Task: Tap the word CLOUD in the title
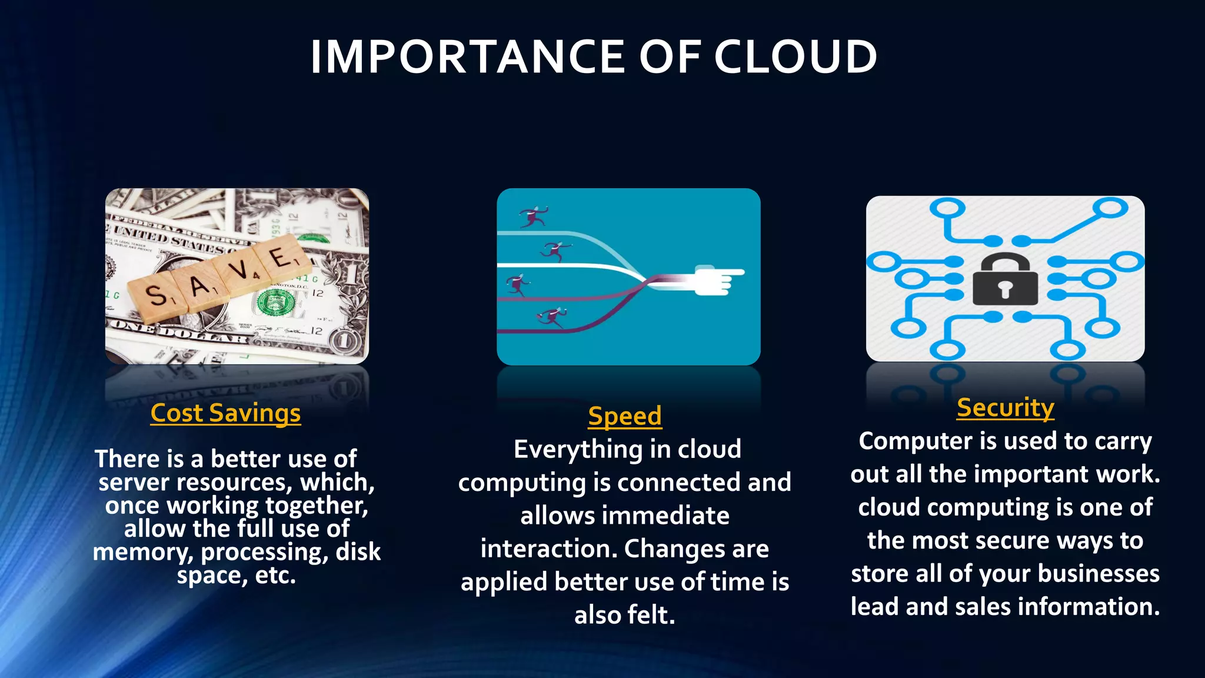[x=795, y=57]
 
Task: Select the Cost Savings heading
[x=225, y=413]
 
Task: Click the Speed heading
[x=625, y=416]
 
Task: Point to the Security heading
[x=1005, y=408]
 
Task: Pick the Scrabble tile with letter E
[x=281, y=257]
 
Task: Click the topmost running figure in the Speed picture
[x=534, y=216]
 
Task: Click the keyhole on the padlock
[x=1005, y=288]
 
